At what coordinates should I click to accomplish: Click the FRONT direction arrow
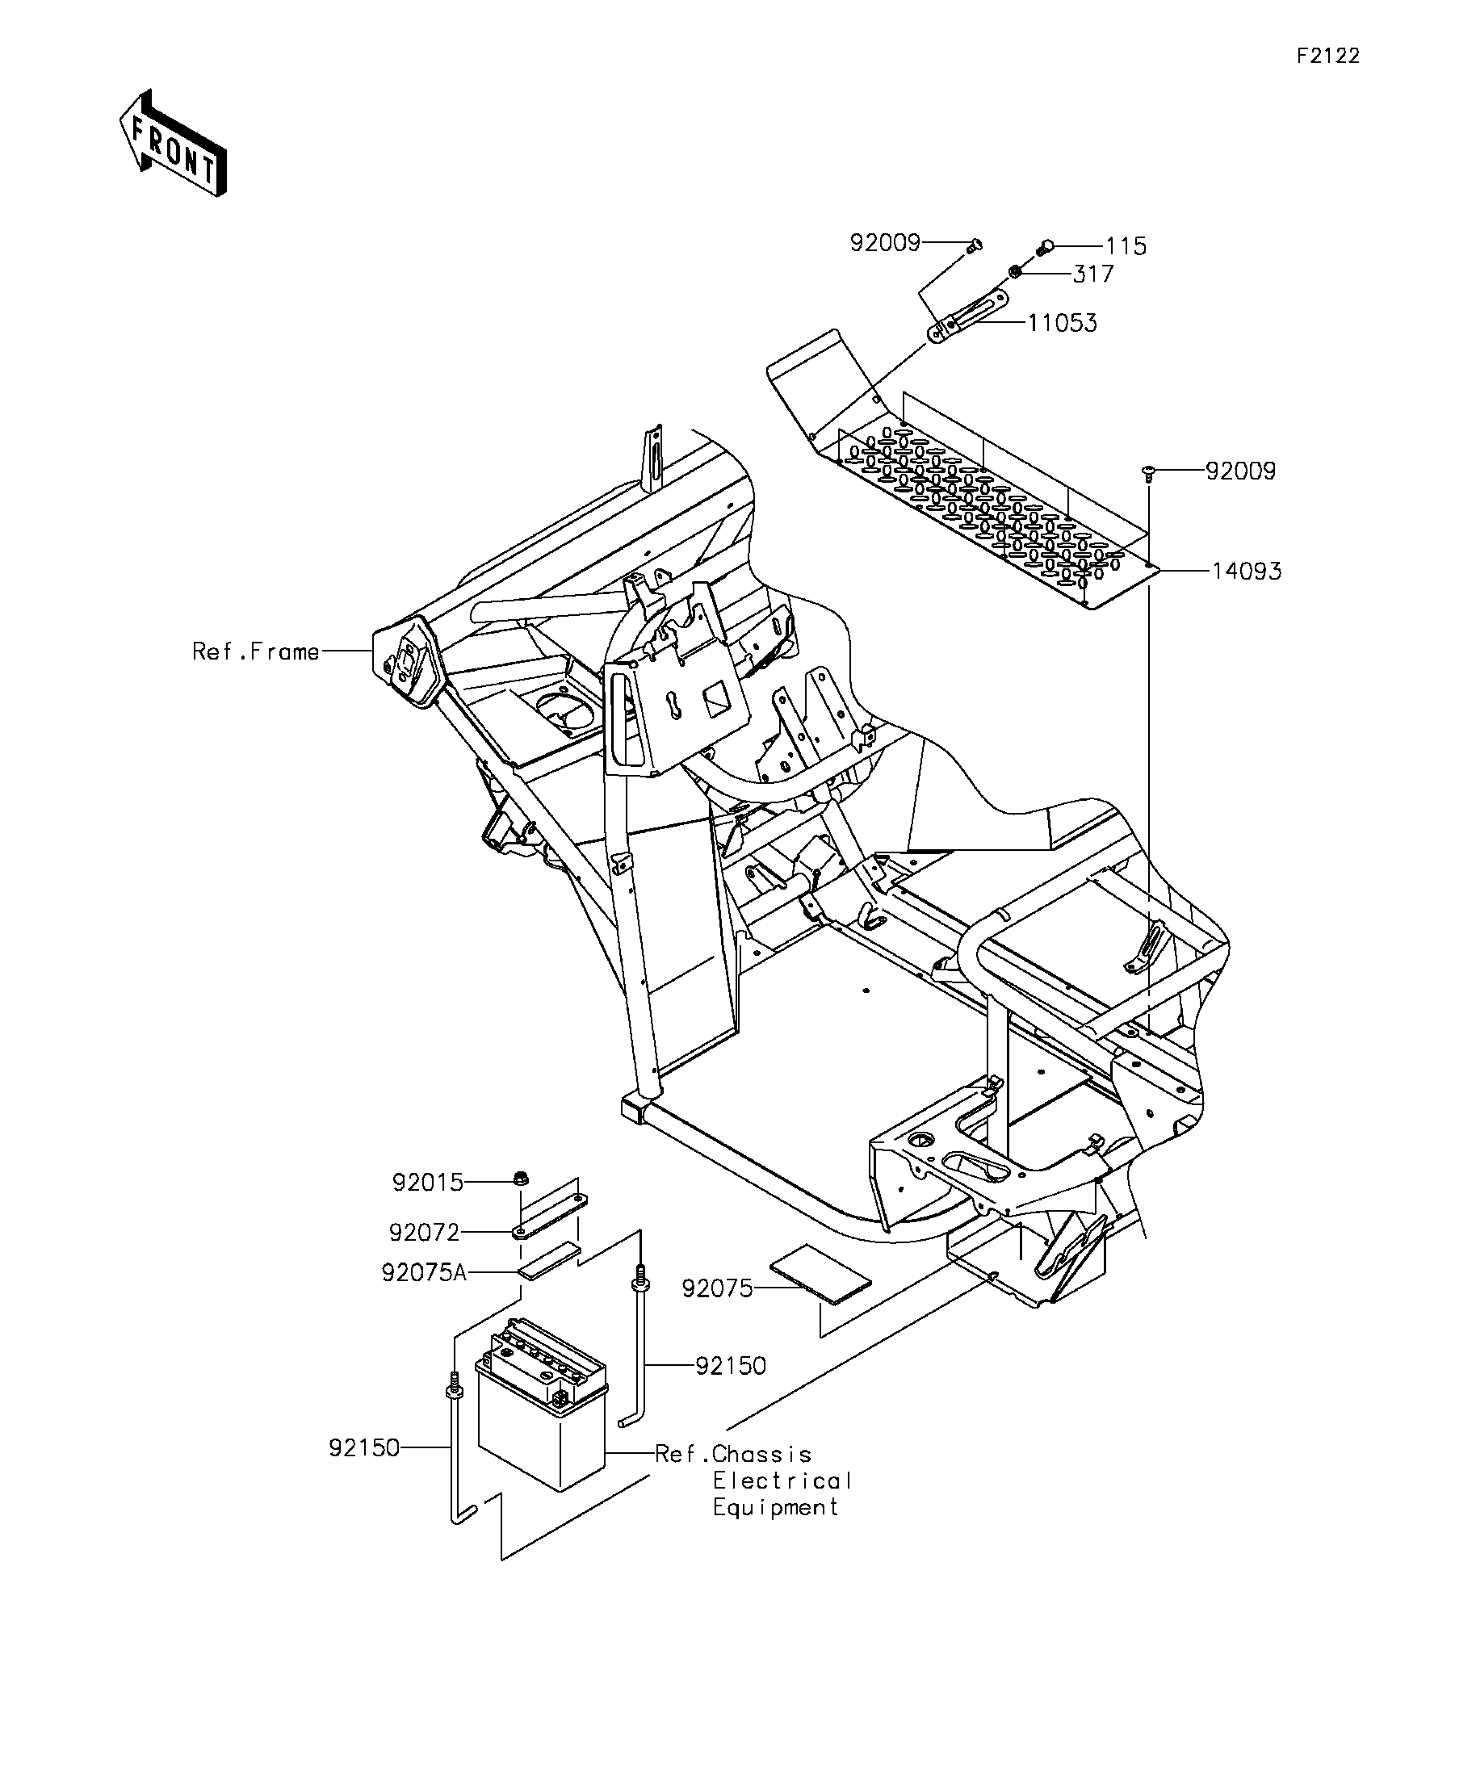173,142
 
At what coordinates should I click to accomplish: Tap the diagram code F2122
1328,56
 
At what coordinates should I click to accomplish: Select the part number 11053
1063,323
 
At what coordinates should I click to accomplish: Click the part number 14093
1246,572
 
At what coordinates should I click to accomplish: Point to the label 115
1126,247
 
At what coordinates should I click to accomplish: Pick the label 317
1092,274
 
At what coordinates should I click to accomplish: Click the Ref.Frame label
256,651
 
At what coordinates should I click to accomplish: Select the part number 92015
428,1183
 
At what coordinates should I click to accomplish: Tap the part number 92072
424,1233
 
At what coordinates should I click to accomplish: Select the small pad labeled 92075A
550,1260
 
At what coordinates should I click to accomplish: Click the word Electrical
782,1481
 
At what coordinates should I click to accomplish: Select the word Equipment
776,1508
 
